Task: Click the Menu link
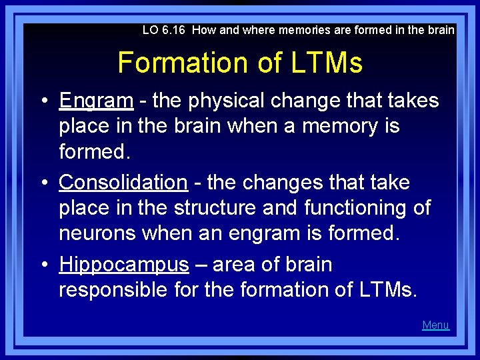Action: (435, 325)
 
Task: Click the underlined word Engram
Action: (96, 101)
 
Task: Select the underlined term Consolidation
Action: (123, 183)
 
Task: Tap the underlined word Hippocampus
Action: (124, 265)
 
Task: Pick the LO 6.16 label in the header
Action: (165, 30)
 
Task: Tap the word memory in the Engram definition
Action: (347, 125)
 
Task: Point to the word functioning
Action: (359, 208)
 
